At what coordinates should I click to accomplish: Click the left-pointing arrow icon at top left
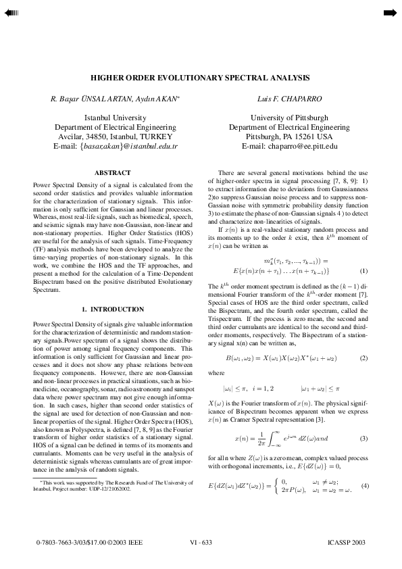(x=12, y=13)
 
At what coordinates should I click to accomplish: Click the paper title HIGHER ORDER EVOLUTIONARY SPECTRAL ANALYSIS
(x=201, y=78)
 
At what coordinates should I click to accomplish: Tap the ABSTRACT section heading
(x=113, y=174)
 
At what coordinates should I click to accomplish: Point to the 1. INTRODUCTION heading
(x=113, y=309)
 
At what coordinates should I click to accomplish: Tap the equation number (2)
(x=363, y=357)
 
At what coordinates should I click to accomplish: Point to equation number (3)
(x=363, y=439)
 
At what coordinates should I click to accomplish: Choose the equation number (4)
(x=363, y=487)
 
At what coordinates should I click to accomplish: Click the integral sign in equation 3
(x=257, y=439)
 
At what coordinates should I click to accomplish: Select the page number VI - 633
(x=201, y=543)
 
